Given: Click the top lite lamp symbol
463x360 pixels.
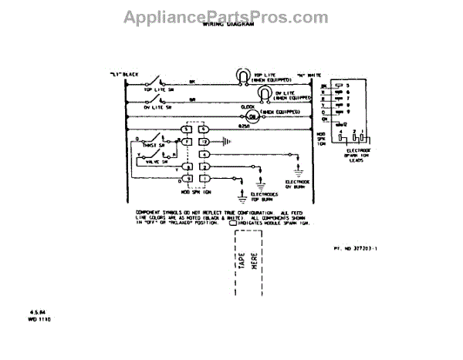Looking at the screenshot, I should tap(242, 75).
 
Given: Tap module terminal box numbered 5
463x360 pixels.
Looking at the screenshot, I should tap(187, 129).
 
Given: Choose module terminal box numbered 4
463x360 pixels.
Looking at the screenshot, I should tap(204, 154).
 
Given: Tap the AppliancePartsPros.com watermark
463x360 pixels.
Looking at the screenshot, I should tap(231, 12).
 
